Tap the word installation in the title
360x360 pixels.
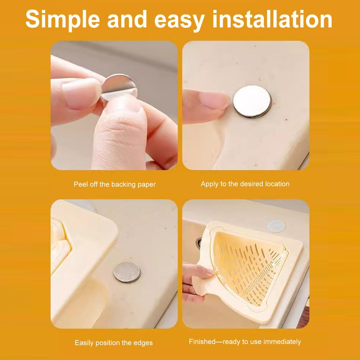[x=272, y=19]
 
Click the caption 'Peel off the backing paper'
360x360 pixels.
[x=115, y=184]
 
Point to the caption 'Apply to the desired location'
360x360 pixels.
[x=245, y=184]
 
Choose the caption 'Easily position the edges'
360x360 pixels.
[x=114, y=343]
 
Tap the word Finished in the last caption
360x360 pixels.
[x=202, y=342]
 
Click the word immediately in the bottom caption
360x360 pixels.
[x=282, y=342]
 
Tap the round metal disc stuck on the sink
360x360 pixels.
[x=252, y=102]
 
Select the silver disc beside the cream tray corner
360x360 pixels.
[x=127, y=272]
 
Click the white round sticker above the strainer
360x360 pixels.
[x=276, y=226]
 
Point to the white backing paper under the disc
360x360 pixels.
[x=120, y=94]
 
